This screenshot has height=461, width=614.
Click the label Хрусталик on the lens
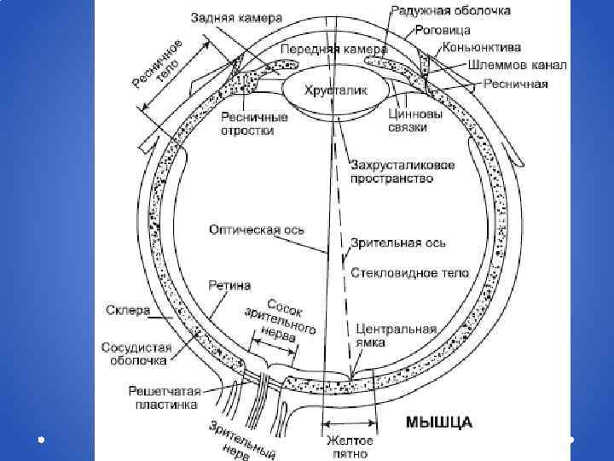coord(337,88)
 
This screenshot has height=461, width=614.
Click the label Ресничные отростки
coord(247,124)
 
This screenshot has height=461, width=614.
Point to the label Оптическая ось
coord(257,229)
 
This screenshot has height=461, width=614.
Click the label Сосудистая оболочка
coord(137,353)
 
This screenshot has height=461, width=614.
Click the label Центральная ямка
coord(396,335)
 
